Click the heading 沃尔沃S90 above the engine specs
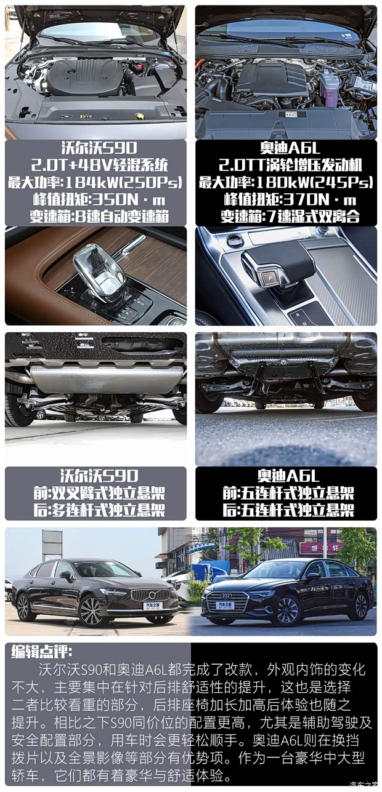point(95,148)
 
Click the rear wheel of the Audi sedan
point(358,606)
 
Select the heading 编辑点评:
point(41,652)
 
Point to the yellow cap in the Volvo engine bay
point(140,116)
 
